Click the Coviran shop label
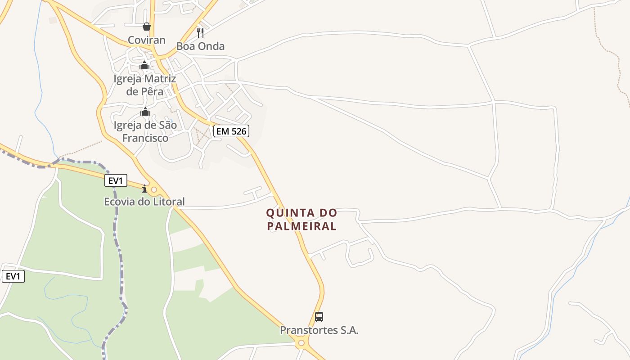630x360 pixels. pyautogui.click(x=146, y=40)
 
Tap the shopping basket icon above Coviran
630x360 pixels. pyautogui.click(x=146, y=27)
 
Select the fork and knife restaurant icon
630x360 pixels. pyautogui.click(x=200, y=32)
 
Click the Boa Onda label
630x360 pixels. pyautogui.click(x=200, y=46)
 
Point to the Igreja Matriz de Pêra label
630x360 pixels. pyautogui.click(x=144, y=85)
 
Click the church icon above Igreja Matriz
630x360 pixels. pyautogui.click(x=144, y=66)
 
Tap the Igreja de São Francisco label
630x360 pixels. pyautogui.click(x=145, y=131)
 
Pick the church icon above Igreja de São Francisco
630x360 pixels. pyautogui.click(x=145, y=112)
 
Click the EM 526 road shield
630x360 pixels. pyautogui.click(x=231, y=131)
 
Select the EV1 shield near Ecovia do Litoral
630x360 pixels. pyautogui.click(x=116, y=181)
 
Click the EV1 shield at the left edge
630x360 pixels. pyautogui.click(x=13, y=276)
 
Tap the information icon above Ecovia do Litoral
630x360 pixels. pyautogui.click(x=144, y=189)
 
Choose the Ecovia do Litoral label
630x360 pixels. pyautogui.click(x=144, y=202)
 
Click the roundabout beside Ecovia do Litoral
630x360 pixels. pyautogui.click(x=154, y=190)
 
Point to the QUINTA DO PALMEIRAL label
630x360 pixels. pyautogui.click(x=301, y=219)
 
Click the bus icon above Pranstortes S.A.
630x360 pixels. pyautogui.click(x=319, y=317)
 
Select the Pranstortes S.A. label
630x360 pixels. pyautogui.click(x=319, y=330)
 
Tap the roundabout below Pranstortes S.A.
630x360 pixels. pyautogui.click(x=301, y=343)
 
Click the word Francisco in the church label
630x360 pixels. pyautogui.click(x=145, y=138)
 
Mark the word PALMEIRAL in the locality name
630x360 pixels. pyautogui.click(x=301, y=226)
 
